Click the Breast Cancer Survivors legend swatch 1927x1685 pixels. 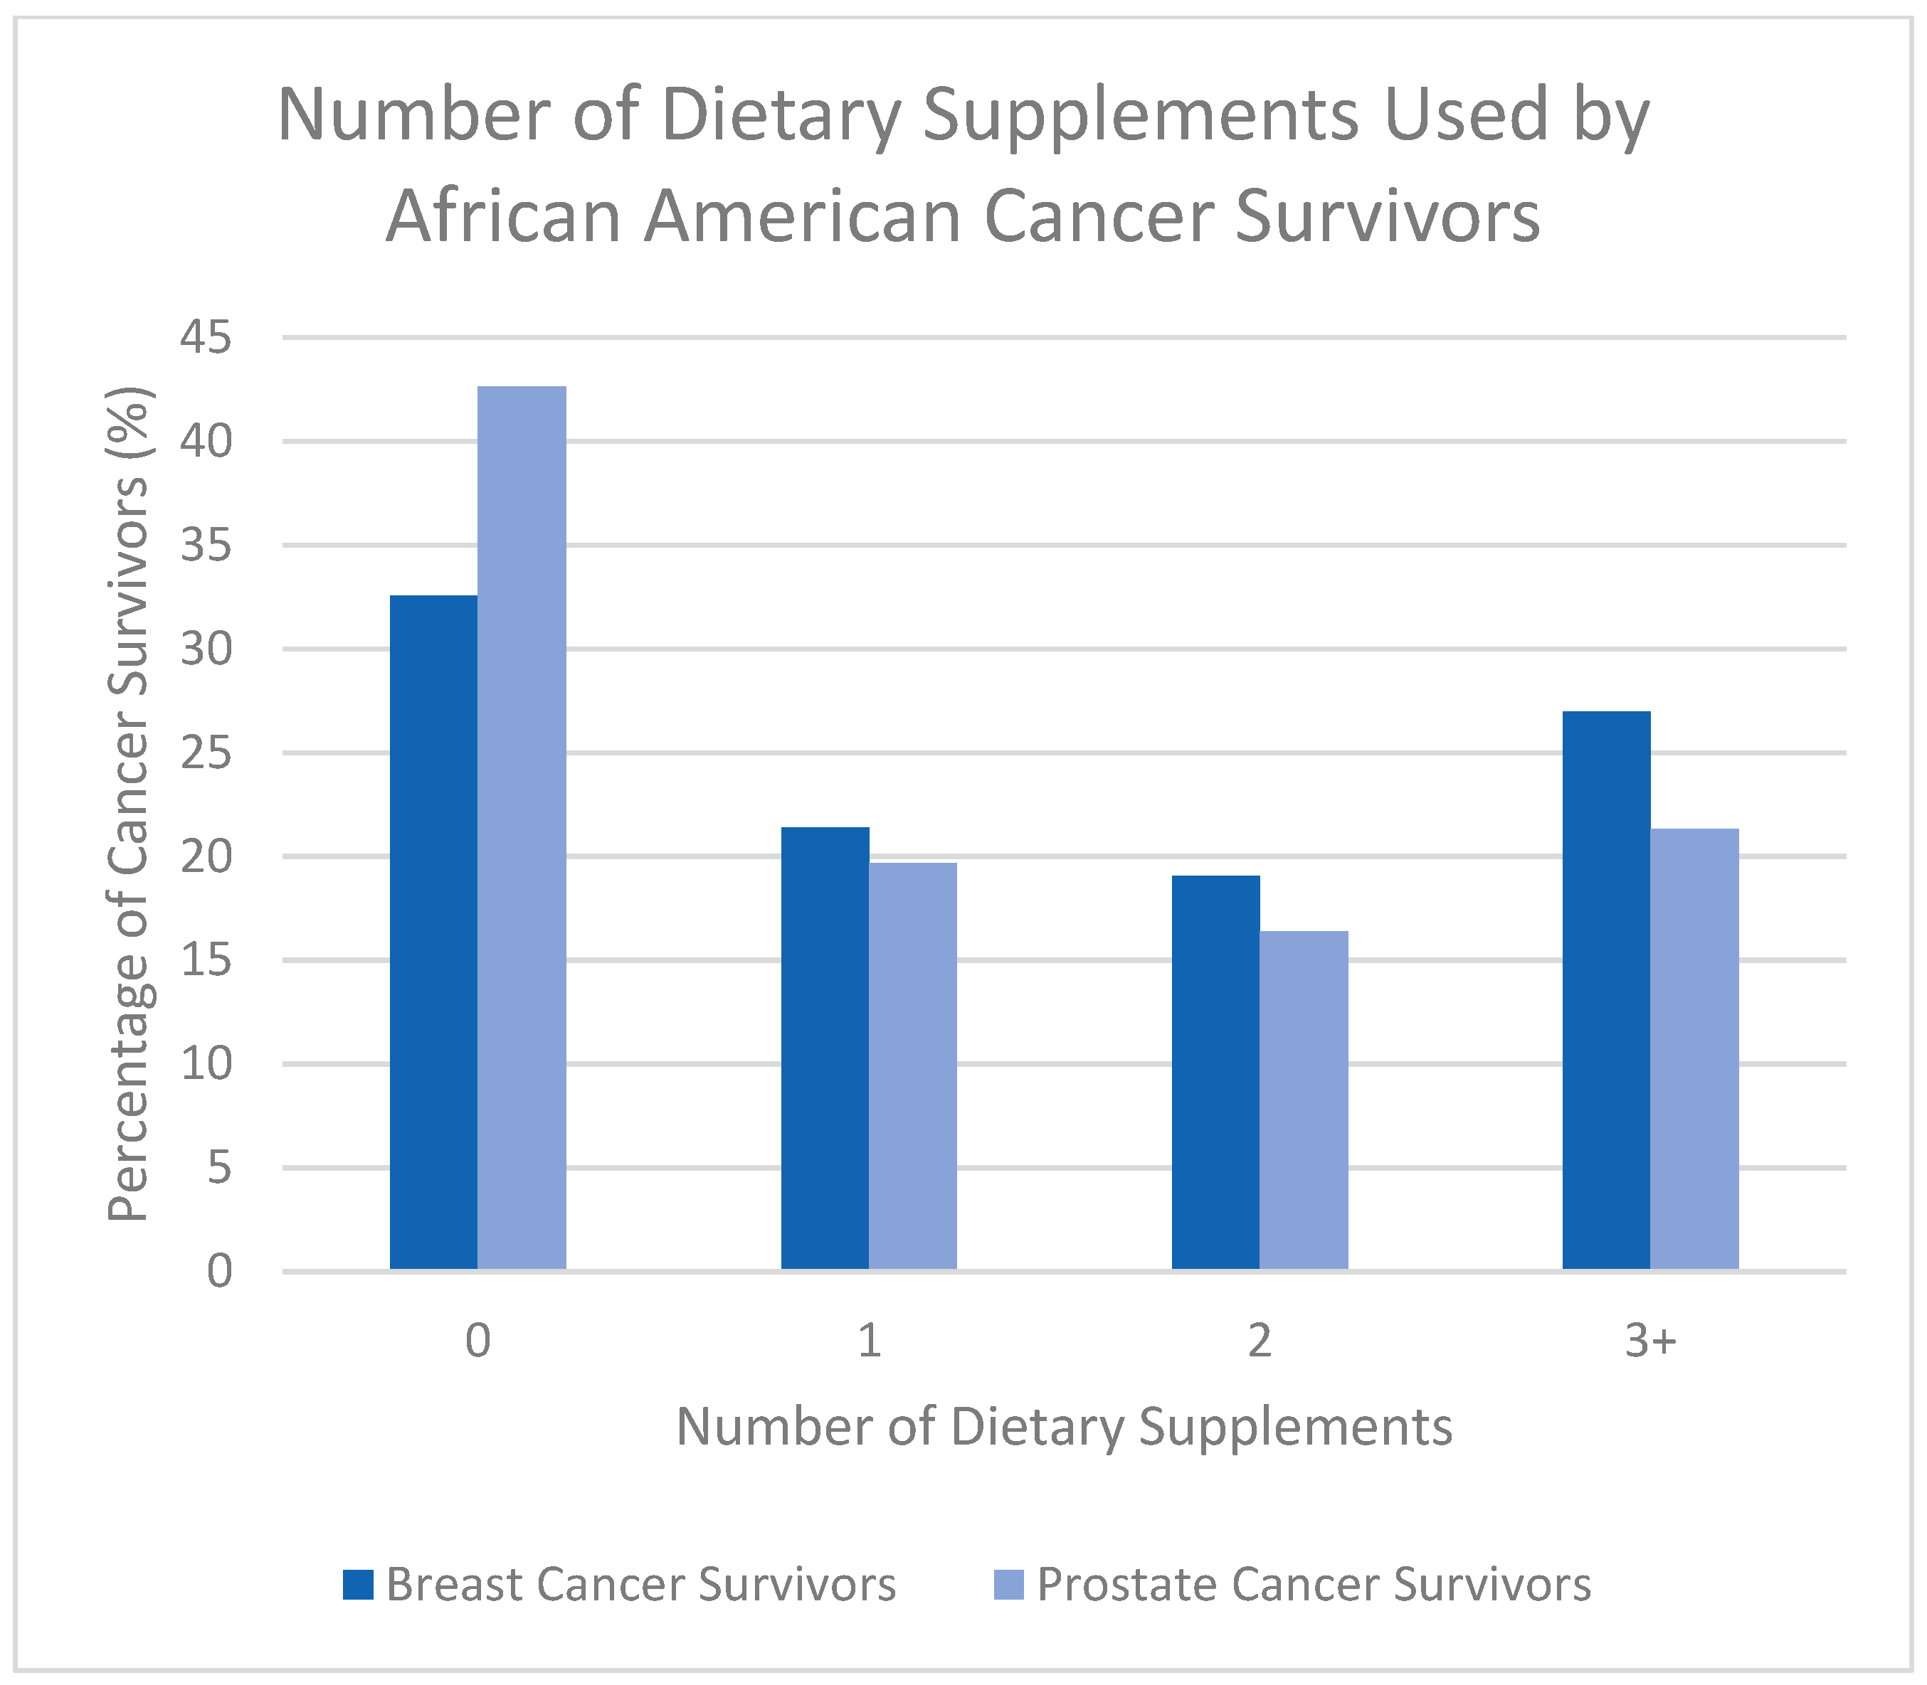359,1585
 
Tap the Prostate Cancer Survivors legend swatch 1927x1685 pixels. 1009,1585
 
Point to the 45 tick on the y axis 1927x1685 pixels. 206,338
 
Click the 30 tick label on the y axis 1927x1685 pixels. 206,649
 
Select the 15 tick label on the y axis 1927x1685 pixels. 206,960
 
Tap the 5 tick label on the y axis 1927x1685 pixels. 219,1168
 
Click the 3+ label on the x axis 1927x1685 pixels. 1650,1341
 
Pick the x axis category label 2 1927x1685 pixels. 1260,1341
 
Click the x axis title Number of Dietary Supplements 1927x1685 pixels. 1064,1426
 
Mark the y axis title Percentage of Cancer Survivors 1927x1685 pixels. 129,804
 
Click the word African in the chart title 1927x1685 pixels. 503,216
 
